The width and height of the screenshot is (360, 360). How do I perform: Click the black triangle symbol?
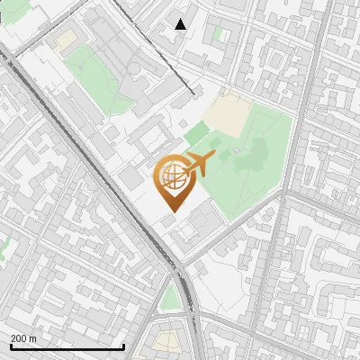181,24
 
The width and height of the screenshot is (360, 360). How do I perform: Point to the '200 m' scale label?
23,337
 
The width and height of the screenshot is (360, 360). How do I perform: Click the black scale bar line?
67,346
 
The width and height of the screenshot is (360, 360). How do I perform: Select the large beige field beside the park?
227,114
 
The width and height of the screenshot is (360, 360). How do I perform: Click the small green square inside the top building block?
217,33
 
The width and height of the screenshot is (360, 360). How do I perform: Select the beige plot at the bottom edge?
167,341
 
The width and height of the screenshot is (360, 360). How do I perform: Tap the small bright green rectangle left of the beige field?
196,134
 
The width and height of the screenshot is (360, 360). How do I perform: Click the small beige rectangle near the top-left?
64,40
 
